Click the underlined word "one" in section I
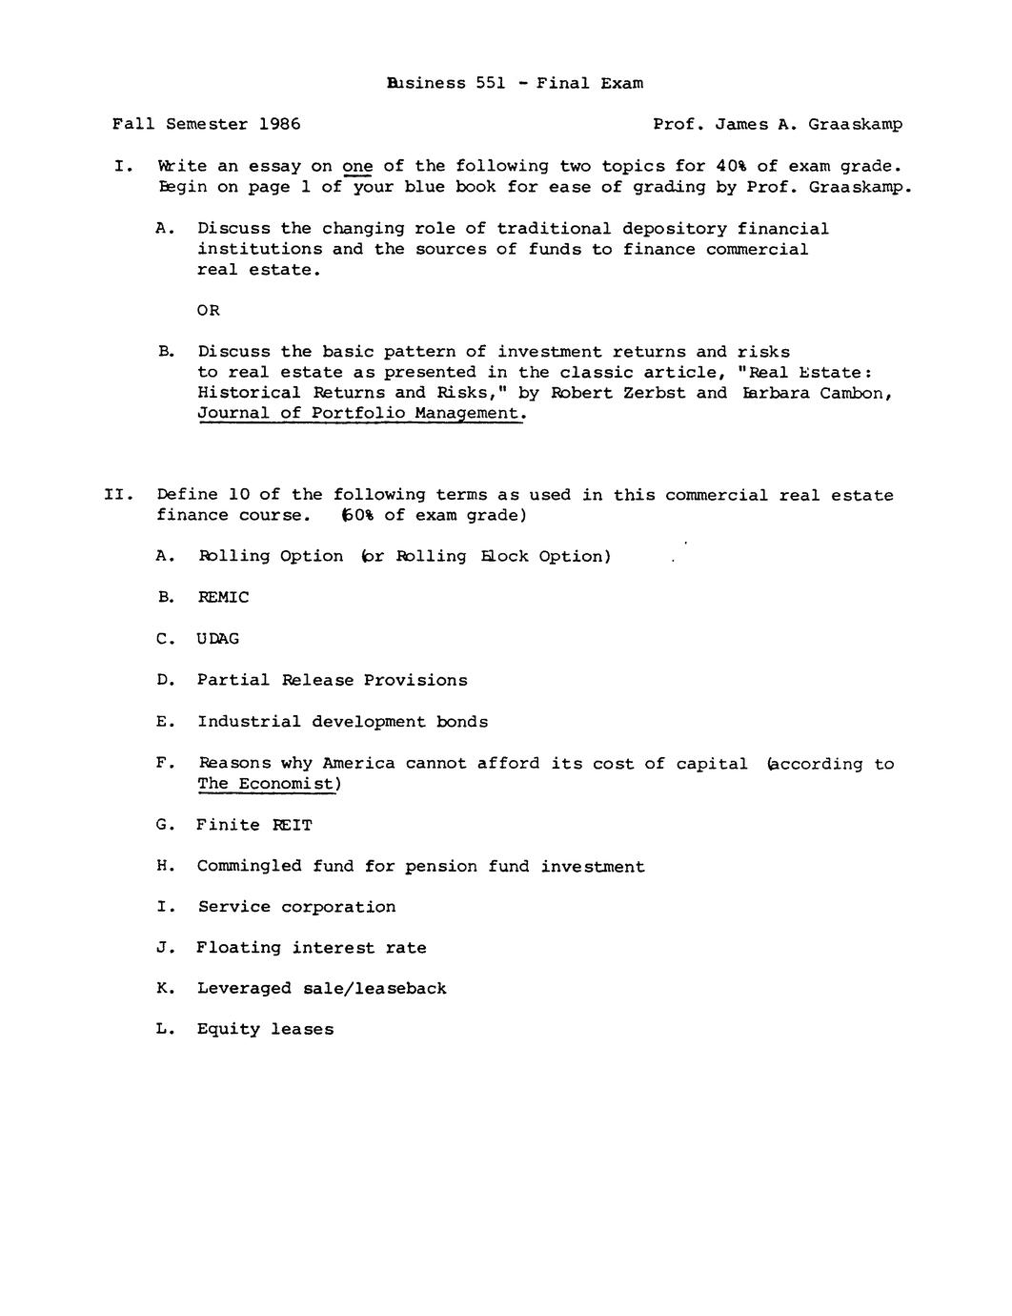click(x=357, y=166)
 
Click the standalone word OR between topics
click(x=208, y=311)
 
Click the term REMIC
click(x=223, y=598)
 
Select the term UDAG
click(x=218, y=639)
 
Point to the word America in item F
click(x=358, y=764)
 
